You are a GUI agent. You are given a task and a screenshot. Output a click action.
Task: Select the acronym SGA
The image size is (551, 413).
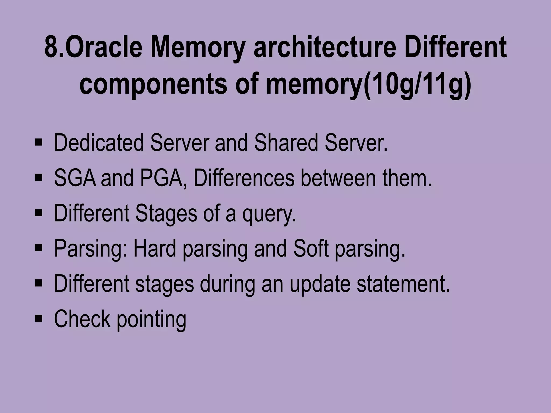[75, 178]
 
